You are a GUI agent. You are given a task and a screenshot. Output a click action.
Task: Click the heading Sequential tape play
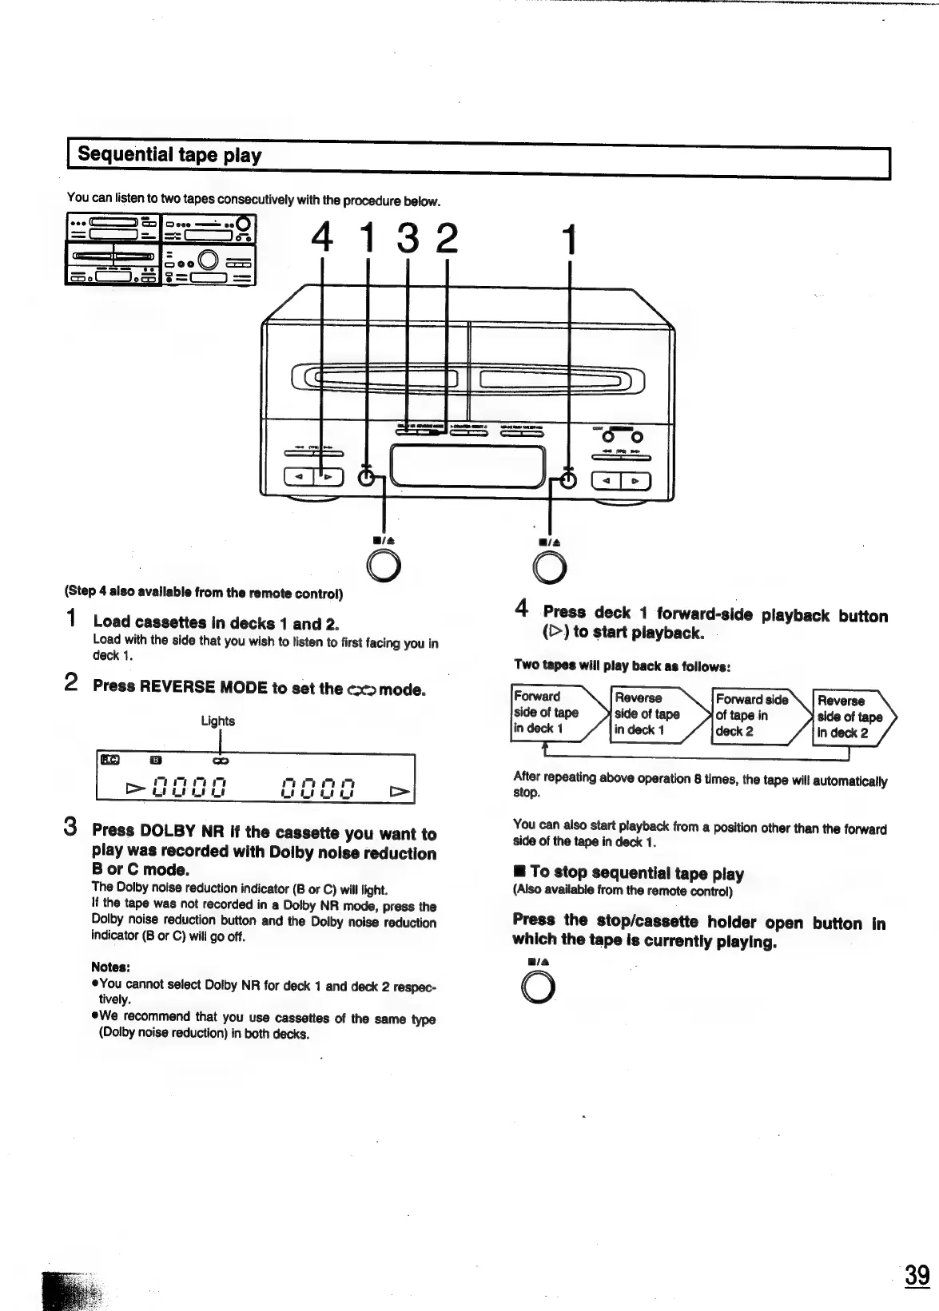tap(169, 155)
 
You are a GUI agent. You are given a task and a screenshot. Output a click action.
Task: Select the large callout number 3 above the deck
tap(408, 237)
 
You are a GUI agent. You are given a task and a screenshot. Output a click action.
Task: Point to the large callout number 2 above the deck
tap(447, 237)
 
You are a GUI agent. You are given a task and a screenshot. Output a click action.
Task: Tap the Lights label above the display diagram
tap(217, 721)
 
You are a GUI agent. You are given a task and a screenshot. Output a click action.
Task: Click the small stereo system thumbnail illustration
tap(160, 249)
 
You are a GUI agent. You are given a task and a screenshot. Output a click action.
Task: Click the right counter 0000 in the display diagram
tap(318, 790)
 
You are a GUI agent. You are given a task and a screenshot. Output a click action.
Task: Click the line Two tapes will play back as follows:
tap(623, 665)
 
